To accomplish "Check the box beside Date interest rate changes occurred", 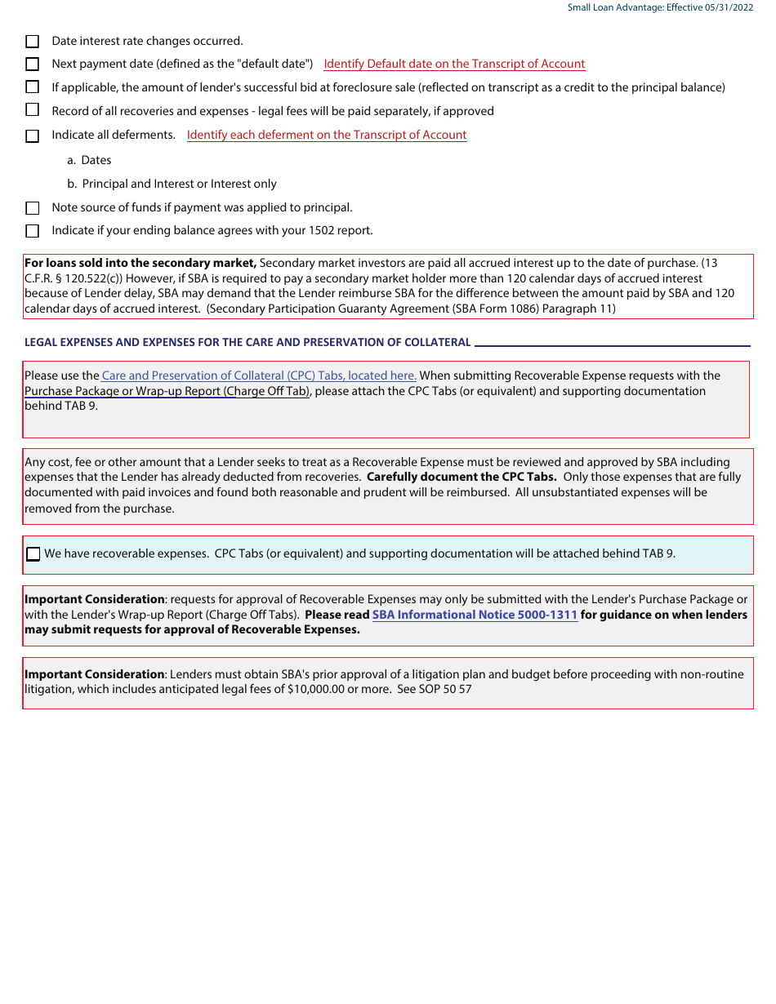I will (x=33, y=41).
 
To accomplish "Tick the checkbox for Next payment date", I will (x=33, y=64).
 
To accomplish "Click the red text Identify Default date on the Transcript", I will (x=454, y=64).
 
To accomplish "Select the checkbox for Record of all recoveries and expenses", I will (x=33, y=110).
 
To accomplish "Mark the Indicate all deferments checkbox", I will (x=33, y=135).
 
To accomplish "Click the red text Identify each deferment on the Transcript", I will (x=327, y=135).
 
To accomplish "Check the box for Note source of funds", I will (x=33, y=208).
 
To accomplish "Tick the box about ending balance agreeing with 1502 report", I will (x=33, y=231).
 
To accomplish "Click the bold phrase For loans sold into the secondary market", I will (x=140, y=263).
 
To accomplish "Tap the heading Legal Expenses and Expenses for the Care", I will (x=248, y=343).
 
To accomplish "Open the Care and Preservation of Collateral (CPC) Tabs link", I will (x=259, y=375).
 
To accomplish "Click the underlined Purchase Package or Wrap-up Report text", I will (x=167, y=391).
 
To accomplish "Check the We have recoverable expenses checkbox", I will (x=33, y=554).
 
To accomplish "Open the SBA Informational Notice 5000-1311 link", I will (x=475, y=615).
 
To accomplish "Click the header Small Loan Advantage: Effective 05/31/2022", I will (x=661, y=7).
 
